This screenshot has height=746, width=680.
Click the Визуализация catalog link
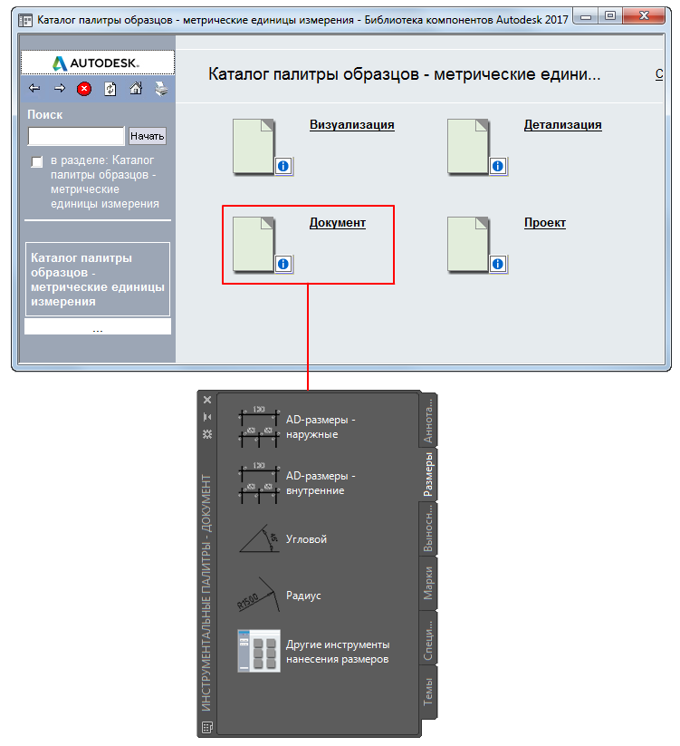pos(351,125)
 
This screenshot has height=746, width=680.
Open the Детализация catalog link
pos(562,125)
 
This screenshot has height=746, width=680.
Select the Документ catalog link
pos(337,223)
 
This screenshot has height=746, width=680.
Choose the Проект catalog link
pos(544,223)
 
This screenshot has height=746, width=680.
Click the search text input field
pos(76,136)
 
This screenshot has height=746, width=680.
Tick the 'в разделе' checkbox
pos(37,161)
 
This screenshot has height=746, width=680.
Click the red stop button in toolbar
pos(84,89)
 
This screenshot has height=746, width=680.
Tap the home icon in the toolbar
pos(136,89)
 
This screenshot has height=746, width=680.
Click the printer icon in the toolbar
pos(161,89)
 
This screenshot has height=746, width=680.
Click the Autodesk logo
pos(97,63)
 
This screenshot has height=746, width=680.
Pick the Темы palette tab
pos(428,693)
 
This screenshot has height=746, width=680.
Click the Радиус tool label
pos(303,596)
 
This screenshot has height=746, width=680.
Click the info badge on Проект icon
pos(497,264)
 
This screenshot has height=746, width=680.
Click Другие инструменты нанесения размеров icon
pos(258,651)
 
